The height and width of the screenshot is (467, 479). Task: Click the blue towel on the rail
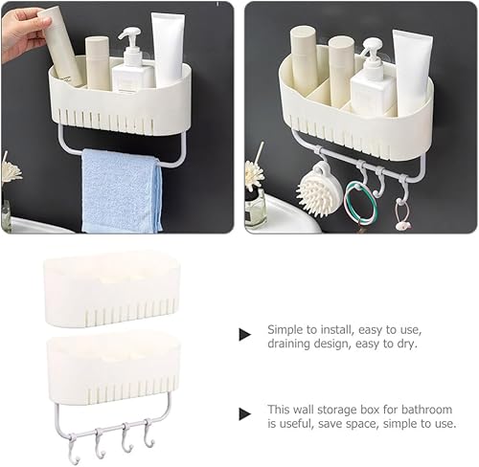click(122, 190)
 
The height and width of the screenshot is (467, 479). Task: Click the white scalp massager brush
click(317, 192)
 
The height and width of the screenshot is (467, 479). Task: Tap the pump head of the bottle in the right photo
click(374, 48)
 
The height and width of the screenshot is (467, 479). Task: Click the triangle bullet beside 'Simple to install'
click(245, 335)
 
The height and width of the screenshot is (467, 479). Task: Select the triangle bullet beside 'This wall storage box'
click(245, 414)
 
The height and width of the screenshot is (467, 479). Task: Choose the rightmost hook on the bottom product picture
click(148, 434)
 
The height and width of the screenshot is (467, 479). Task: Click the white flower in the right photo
click(255, 173)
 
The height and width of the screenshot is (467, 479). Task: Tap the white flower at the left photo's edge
click(11, 171)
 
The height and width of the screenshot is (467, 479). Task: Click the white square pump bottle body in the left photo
click(133, 77)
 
